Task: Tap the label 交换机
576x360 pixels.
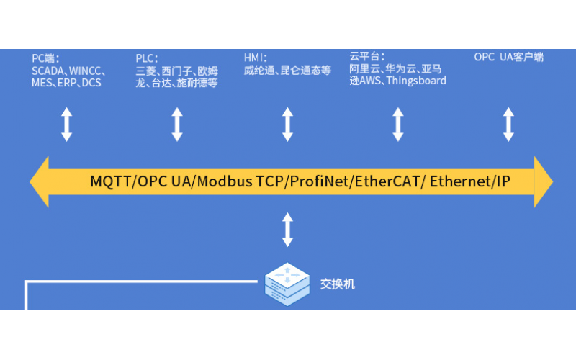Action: click(x=337, y=284)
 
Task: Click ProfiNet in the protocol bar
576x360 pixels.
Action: click(x=317, y=181)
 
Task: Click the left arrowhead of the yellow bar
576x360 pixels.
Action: click(x=40, y=181)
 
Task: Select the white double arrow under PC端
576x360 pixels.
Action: click(x=66, y=124)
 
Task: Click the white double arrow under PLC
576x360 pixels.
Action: click(x=177, y=124)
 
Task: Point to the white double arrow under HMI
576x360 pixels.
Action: click(x=287, y=124)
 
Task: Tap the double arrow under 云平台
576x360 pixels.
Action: click(x=397, y=124)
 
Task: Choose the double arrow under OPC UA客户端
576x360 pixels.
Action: click(x=508, y=124)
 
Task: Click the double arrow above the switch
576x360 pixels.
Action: click(x=287, y=229)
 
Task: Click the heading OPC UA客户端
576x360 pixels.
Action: click(x=508, y=57)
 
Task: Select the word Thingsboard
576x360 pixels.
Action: click(x=417, y=81)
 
